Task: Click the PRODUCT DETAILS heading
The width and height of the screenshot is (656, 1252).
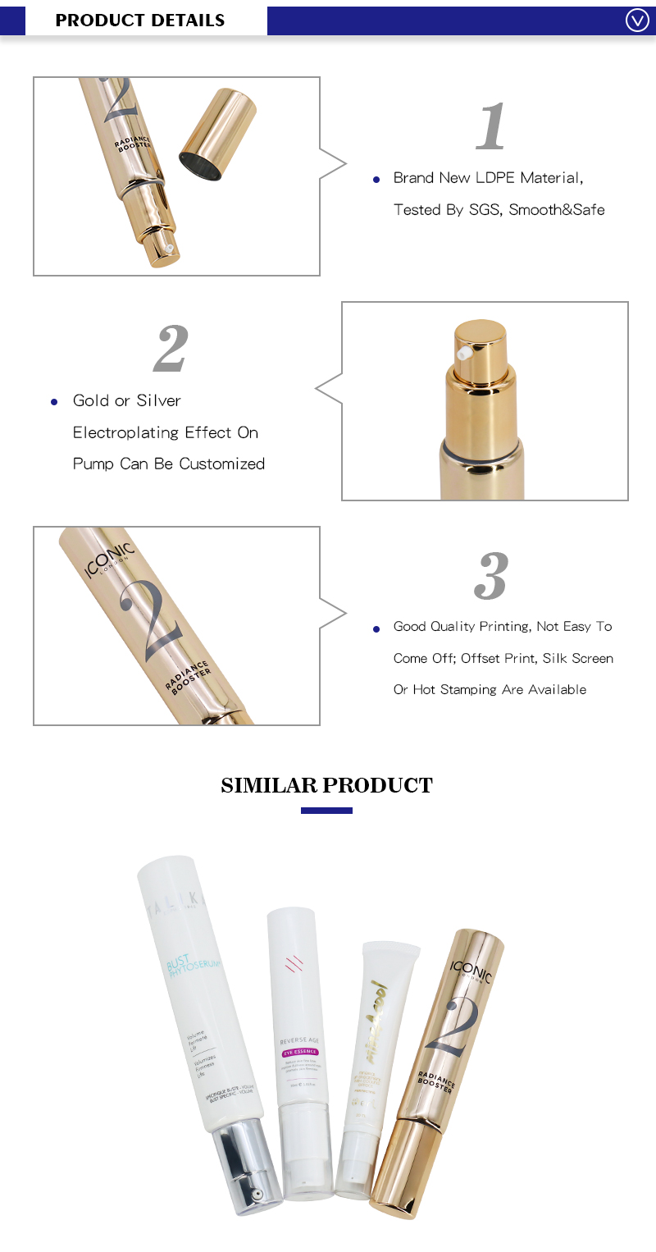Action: pos(139,20)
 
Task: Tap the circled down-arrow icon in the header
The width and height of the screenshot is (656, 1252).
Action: pos(637,20)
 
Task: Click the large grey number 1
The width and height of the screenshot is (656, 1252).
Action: pos(490,126)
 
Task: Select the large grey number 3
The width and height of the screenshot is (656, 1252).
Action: pos(490,576)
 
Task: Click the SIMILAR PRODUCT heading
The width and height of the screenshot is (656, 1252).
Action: pos(326,785)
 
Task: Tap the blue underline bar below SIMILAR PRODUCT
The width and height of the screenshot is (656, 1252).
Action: pos(326,811)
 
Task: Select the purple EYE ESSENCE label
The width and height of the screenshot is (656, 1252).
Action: pos(299,1052)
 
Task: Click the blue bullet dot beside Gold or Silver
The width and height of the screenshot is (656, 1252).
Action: pos(54,402)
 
